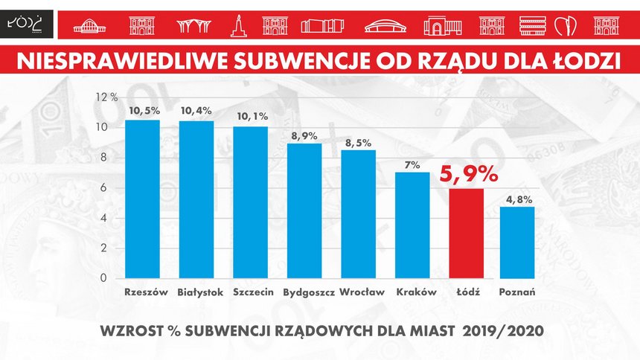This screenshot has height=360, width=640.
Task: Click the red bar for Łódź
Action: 466,233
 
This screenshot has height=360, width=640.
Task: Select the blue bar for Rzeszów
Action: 142,199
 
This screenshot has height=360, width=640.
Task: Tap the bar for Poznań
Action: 517,242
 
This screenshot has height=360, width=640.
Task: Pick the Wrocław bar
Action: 358,214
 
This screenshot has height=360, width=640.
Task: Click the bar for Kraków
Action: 412,225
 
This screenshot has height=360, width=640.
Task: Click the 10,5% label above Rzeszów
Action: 142,111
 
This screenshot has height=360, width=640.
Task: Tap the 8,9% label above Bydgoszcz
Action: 304,135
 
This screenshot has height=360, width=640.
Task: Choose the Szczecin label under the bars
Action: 250,292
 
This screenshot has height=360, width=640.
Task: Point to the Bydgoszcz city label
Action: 308,292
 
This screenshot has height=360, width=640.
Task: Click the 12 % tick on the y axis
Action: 106,97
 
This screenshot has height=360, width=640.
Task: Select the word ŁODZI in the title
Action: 584,60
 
